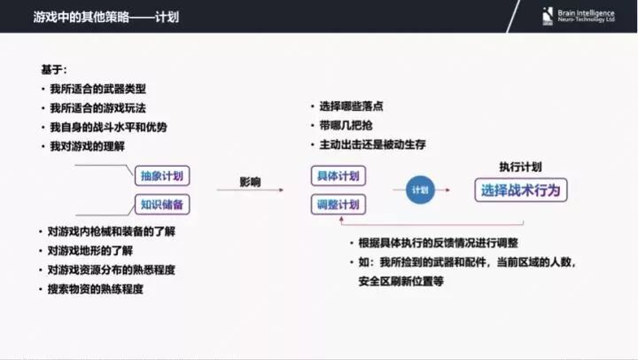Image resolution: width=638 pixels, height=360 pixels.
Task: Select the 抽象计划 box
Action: click(x=162, y=176)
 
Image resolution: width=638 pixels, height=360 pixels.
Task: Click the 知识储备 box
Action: click(x=162, y=205)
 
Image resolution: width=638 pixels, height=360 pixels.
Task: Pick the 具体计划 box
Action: click(x=338, y=176)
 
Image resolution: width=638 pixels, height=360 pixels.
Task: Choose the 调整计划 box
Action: click(x=338, y=205)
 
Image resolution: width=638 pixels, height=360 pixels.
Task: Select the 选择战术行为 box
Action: click(x=521, y=190)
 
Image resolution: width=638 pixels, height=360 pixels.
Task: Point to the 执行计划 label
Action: click(x=520, y=166)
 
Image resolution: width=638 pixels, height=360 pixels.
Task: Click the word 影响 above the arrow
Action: click(x=250, y=182)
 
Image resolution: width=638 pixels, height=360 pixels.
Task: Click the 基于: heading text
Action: click(x=53, y=69)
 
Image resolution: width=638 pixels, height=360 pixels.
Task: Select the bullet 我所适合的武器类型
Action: click(x=103, y=89)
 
